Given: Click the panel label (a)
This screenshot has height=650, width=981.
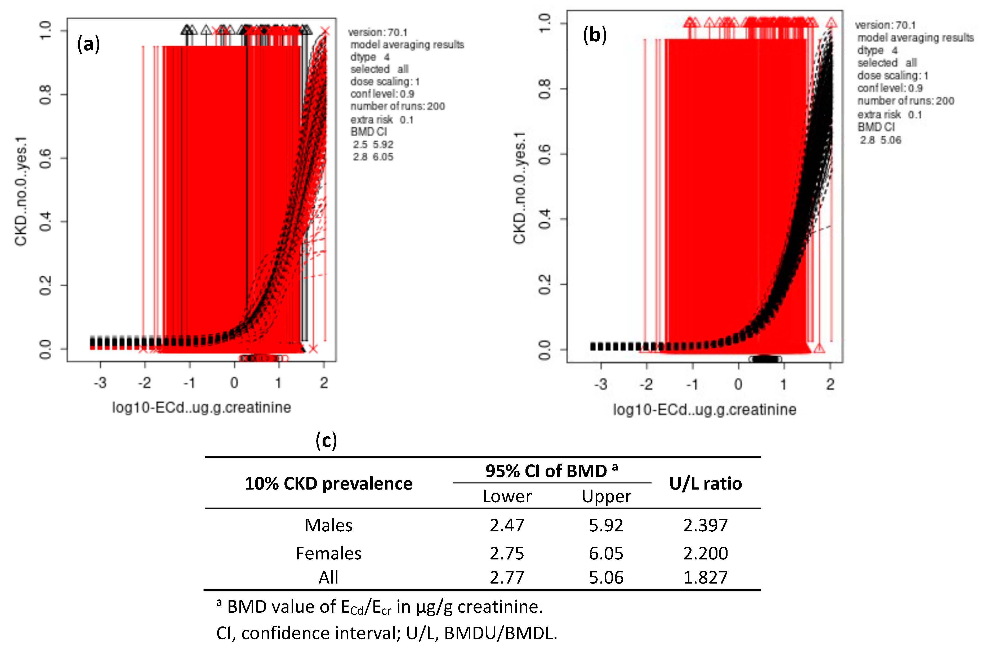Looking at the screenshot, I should [88, 44].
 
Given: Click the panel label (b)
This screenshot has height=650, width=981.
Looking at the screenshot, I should [595, 35].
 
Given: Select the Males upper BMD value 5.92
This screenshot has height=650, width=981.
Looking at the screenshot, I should [606, 525].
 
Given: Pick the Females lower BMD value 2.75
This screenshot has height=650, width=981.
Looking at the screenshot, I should [507, 553].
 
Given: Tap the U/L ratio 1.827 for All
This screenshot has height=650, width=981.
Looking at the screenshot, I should [705, 577].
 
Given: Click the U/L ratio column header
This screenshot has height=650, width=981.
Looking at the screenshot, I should [705, 483].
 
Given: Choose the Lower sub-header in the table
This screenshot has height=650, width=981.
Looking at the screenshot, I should [507, 496].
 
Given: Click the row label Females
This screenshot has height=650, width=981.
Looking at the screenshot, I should [328, 553].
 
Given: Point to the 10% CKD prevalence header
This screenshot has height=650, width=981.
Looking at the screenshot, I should [328, 483].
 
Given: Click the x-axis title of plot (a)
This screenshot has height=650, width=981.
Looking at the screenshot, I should [202, 407].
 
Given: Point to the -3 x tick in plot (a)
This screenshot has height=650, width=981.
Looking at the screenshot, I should [100, 383].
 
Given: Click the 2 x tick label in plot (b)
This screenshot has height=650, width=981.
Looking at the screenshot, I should [830, 384].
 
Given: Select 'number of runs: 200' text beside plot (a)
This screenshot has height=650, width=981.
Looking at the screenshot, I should [397, 106].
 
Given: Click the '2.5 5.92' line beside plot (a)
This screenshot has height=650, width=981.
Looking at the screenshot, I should [373, 144].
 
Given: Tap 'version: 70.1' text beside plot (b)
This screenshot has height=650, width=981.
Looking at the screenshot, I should [885, 25].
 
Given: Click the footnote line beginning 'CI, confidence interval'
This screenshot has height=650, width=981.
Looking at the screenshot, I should [386, 633].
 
